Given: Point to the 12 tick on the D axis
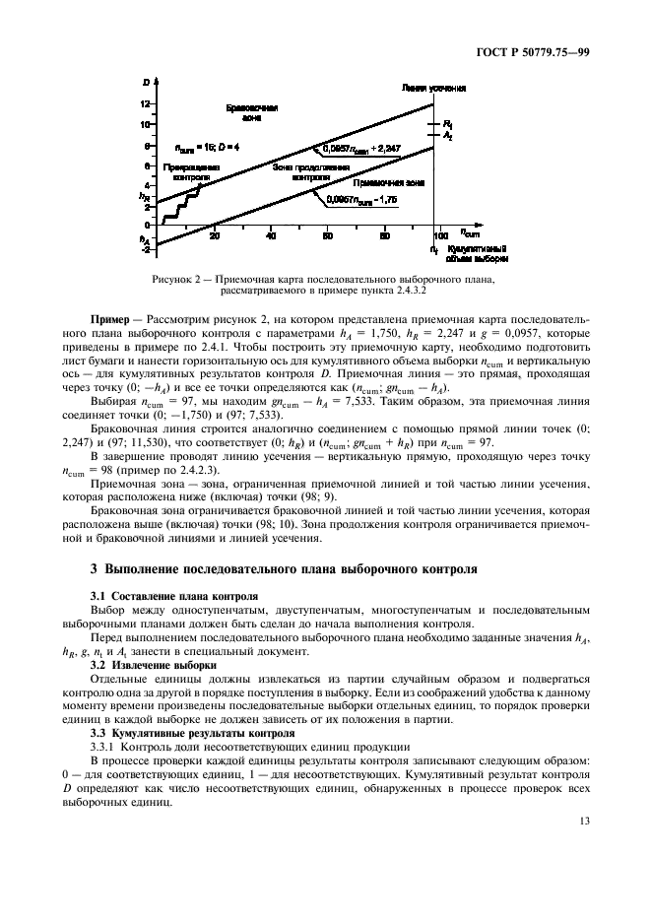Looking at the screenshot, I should point(147,104).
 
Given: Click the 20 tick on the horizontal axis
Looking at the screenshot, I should point(215,236).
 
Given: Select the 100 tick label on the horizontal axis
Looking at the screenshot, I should point(441,236).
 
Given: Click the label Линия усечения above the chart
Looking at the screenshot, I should point(434,88).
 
